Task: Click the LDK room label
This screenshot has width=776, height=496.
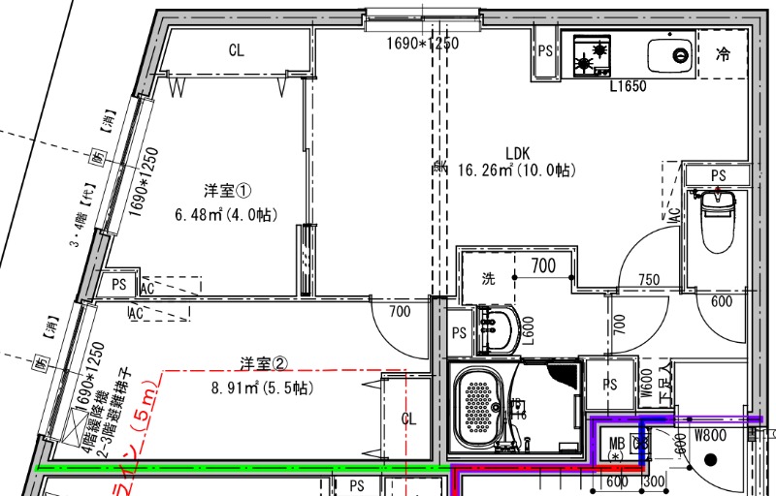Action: pos(517,152)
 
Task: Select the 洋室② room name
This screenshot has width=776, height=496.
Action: pos(264,364)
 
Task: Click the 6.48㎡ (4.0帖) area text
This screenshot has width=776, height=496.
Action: pos(226,214)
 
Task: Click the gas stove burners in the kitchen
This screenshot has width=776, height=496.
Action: pos(592,55)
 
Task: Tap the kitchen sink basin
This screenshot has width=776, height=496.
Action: pos(668,54)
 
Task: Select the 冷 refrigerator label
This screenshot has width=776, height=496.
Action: pos(722,54)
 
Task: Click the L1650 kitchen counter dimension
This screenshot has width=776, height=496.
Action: pos(628,86)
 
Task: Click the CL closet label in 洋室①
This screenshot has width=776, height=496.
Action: pos(236,50)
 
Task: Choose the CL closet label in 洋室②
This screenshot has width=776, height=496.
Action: pos(409,418)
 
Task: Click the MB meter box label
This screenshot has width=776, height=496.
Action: pos(615,445)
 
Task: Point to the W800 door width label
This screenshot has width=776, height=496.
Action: pos(710,435)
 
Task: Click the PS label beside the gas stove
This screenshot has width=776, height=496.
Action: pos(545,51)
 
